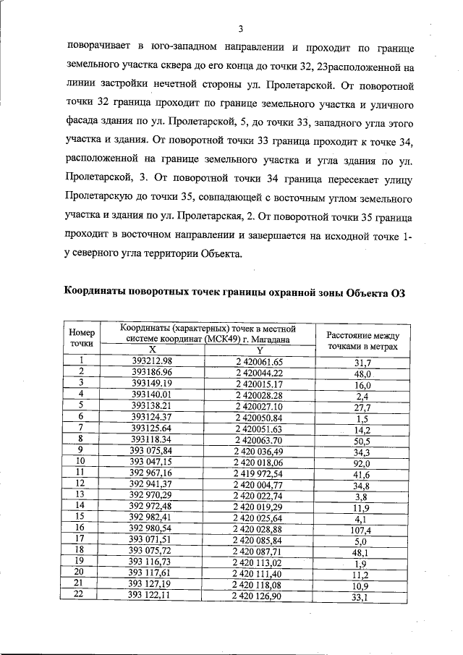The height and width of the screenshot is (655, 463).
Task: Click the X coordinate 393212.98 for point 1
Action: click(152, 361)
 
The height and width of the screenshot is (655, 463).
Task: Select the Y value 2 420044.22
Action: click(258, 372)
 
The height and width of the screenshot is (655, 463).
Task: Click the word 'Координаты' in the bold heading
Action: click(94, 292)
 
